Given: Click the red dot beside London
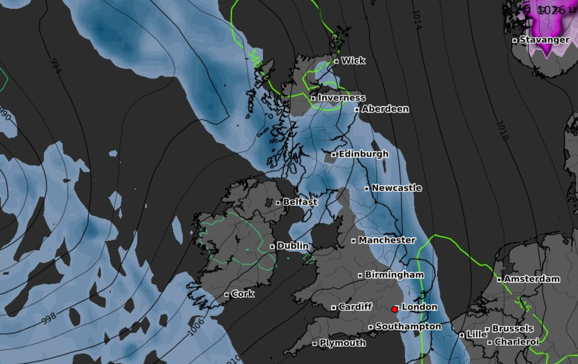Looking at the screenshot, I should [x=395, y=309].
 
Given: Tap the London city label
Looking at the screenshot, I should [x=419, y=307].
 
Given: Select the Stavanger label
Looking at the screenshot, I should [x=544, y=40].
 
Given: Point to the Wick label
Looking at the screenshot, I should [x=353, y=60].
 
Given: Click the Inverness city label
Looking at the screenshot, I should [x=341, y=97].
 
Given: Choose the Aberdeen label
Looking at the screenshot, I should [x=385, y=109].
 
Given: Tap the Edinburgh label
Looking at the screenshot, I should [x=363, y=153].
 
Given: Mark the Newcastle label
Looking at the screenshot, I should [x=396, y=188].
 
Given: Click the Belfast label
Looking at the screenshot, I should [x=300, y=202].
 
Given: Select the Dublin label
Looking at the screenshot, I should [x=293, y=245].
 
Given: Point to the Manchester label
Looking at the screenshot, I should [x=387, y=240].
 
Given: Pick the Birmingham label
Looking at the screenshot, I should [x=394, y=275].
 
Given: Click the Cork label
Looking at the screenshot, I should [x=242, y=294].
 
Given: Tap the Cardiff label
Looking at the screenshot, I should [x=355, y=306].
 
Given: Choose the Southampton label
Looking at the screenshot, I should [x=408, y=326].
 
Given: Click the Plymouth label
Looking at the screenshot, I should [x=342, y=343].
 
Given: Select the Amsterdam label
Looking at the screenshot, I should [x=531, y=278].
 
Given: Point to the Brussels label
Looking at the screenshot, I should [x=513, y=328].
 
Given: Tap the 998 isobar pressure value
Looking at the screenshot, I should [x=50, y=317].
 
